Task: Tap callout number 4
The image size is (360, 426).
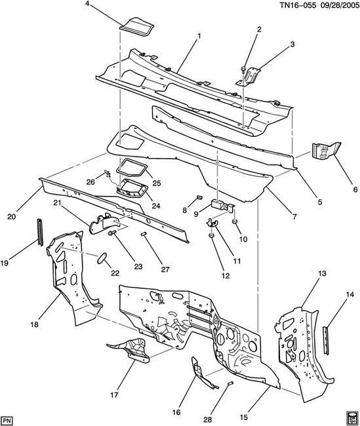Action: coord(87,4)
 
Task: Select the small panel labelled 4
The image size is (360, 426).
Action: coord(138,27)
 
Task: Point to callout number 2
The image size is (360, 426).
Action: coord(259,29)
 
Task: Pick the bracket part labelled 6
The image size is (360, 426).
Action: coord(326,151)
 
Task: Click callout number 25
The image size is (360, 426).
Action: coord(157,183)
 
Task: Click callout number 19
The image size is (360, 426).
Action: coord(5,263)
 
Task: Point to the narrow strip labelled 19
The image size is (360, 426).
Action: coord(40,232)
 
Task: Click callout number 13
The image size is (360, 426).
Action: coord(322,273)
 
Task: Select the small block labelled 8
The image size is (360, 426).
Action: coord(199,197)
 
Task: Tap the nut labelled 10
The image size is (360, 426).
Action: coord(234,222)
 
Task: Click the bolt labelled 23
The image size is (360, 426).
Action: coord(112,233)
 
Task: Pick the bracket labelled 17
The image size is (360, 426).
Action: coord(130,350)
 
